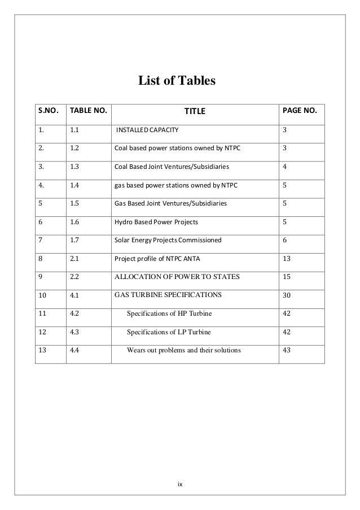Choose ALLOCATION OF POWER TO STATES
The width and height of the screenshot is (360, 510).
click(177, 277)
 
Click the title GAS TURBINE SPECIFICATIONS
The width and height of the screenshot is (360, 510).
click(168, 294)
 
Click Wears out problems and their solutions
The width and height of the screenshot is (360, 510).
click(183, 350)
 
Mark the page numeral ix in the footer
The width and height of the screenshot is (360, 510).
click(180, 484)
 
